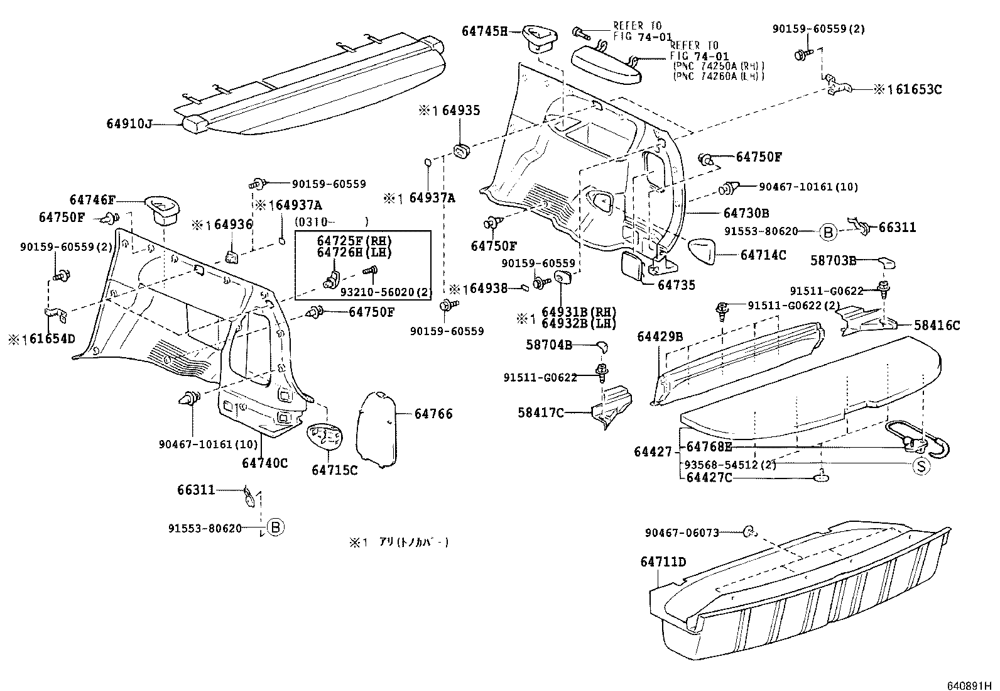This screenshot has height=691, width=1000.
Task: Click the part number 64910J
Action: point(129,124)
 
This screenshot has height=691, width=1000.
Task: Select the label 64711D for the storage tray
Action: point(663,561)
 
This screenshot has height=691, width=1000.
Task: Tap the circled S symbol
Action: point(921,466)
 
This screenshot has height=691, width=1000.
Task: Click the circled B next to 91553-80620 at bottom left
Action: point(275,528)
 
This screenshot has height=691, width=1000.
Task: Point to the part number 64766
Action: point(433,414)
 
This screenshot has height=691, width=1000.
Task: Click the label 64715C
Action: point(334,470)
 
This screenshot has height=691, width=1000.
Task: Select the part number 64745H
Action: point(484,31)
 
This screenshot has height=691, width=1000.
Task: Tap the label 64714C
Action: point(763,255)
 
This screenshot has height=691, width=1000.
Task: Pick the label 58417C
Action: point(541,412)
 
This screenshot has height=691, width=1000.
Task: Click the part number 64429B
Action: point(660,336)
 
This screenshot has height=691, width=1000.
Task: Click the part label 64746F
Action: point(92,200)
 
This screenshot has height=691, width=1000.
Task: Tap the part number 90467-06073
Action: point(682,533)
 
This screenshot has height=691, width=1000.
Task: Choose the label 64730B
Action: point(746,213)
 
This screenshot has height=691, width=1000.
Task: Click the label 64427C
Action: point(709,478)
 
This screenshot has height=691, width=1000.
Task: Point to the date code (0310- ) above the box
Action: point(330,221)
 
